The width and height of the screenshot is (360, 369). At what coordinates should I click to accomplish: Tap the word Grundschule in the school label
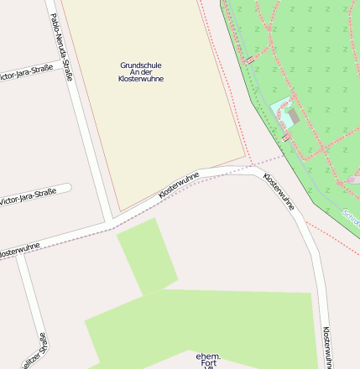[x=141, y=65]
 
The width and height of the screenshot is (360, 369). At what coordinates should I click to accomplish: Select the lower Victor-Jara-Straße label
[x=28, y=197]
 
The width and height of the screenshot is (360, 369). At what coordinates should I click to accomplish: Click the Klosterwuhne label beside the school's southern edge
[x=179, y=185]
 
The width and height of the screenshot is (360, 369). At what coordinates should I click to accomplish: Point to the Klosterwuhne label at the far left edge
[x=18, y=250]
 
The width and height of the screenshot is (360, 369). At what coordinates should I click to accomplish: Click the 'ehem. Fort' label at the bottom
[x=207, y=360]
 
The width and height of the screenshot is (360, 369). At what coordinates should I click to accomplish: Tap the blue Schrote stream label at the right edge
[x=352, y=220]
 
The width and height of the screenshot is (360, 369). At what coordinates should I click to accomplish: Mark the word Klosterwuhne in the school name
[x=141, y=79]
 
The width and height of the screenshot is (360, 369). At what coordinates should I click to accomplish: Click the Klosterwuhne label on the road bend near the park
[x=279, y=190]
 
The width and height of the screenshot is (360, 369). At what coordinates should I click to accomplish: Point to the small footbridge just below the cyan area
[x=286, y=137]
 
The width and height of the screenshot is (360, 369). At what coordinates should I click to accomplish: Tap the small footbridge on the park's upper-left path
[x=249, y=60]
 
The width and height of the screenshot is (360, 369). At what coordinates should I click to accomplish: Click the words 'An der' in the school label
[x=141, y=72]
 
